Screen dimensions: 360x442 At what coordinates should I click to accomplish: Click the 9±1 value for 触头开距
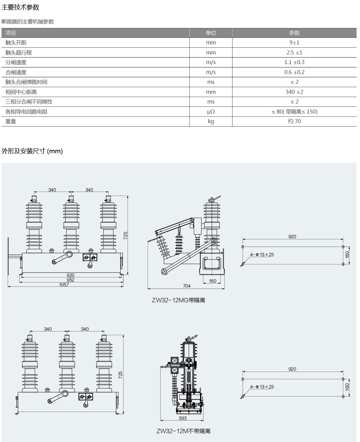294,42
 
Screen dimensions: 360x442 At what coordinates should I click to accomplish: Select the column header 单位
211,33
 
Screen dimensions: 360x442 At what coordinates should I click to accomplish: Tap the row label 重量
11,122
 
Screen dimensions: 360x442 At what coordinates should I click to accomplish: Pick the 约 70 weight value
294,121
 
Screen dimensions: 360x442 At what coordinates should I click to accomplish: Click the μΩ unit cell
211,112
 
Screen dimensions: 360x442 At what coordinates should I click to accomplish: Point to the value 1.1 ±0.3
294,62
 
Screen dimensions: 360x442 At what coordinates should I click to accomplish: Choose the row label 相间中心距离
21,92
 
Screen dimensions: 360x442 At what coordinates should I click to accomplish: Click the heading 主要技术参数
20,7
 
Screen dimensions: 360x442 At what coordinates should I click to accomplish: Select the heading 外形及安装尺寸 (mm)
32,151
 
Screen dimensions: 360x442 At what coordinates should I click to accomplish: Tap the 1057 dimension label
64,284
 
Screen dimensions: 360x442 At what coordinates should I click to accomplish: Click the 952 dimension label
70,280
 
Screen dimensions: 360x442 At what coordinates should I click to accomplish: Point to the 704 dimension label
187,286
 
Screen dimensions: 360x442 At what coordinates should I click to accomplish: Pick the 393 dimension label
182,418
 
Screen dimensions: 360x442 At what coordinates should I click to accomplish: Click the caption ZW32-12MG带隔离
178,300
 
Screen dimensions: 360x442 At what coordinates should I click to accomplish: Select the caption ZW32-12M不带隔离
183,431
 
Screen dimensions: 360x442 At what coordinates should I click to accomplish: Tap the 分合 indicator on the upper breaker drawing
90,257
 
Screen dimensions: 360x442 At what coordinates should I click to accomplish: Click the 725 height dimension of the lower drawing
121,375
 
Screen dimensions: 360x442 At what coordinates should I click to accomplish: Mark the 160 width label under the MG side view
212,281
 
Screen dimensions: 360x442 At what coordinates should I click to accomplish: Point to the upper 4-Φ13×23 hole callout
262,254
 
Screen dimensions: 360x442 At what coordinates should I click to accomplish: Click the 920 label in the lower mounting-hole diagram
292,369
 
